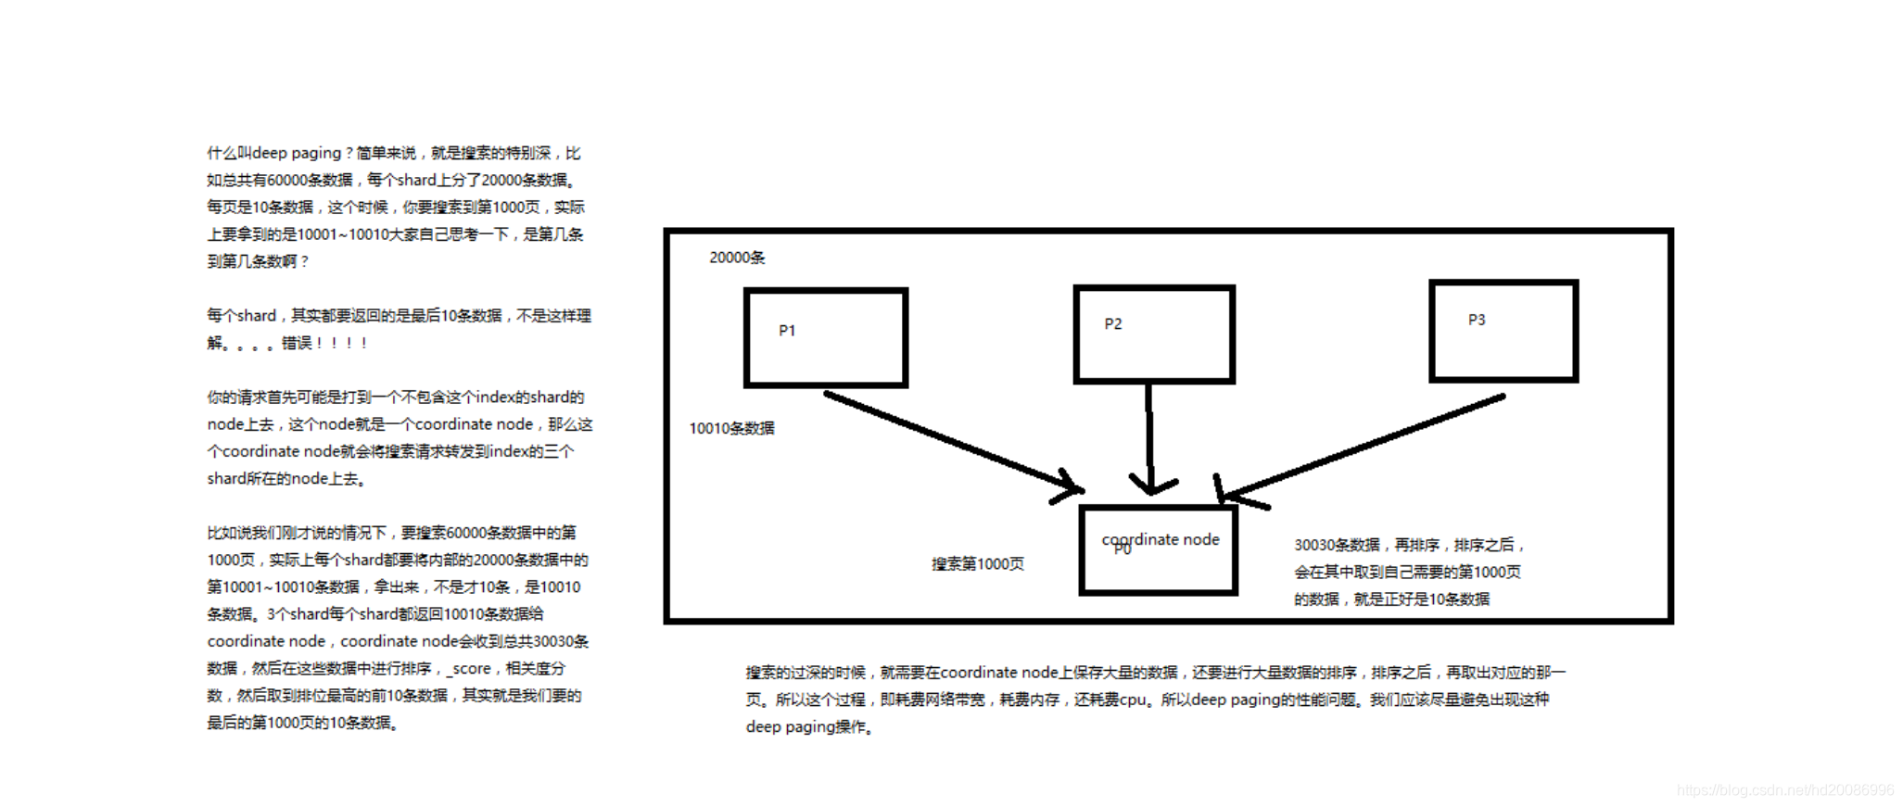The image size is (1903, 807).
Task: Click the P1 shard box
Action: click(x=825, y=337)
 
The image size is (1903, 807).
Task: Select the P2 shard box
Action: click(x=1154, y=334)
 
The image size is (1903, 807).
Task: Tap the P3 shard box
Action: click(x=1503, y=331)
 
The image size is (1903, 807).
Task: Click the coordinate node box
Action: click(x=1159, y=550)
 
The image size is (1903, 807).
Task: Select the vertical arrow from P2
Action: click(x=1149, y=435)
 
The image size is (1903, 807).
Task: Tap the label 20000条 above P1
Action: click(x=737, y=258)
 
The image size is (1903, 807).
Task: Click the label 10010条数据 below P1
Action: click(x=731, y=428)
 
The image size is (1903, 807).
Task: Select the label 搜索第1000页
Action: click(x=978, y=563)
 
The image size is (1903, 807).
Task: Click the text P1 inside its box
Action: click(x=787, y=331)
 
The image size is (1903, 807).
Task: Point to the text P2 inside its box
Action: click(x=1113, y=324)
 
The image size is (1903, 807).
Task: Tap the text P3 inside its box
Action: click(x=1477, y=320)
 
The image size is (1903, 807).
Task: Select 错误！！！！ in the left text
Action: click(x=324, y=343)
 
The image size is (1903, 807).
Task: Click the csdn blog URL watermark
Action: click(x=1785, y=789)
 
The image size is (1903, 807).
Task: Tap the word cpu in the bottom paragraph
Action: click(x=1132, y=700)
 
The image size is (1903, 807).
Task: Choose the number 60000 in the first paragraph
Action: click(x=287, y=180)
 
